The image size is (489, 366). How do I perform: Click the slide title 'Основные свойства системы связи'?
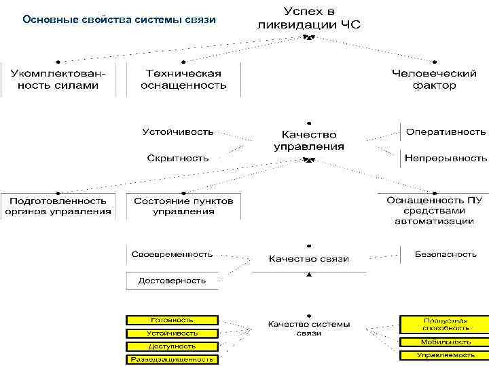point(119,20)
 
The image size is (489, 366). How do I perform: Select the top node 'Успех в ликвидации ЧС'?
point(309,18)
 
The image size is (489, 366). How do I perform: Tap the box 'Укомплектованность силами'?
point(58,79)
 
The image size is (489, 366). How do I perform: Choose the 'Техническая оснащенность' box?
point(183,79)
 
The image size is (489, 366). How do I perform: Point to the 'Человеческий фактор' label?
point(434,79)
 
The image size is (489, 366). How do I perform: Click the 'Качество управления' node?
point(309,140)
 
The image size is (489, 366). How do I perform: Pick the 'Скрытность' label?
point(178,158)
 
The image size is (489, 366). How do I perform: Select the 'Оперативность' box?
point(446,131)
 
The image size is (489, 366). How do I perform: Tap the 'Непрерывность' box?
point(446,158)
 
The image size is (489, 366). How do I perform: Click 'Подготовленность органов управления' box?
point(58,206)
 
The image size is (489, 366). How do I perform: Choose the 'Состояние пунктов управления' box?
point(183,206)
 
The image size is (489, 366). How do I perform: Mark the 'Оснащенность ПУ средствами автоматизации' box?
point(434,210)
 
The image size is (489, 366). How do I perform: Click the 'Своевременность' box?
point(172,254)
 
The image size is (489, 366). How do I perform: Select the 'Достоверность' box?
point(172,280)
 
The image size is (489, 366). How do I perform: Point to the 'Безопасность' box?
point(446,254)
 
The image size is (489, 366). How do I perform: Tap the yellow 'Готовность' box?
point(172,320)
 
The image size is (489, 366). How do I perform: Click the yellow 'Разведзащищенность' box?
point(172,359)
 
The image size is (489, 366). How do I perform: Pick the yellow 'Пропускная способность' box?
point(446,324)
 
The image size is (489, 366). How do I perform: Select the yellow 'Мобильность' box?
point(446,342)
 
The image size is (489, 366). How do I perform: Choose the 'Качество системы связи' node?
point(309,329)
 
